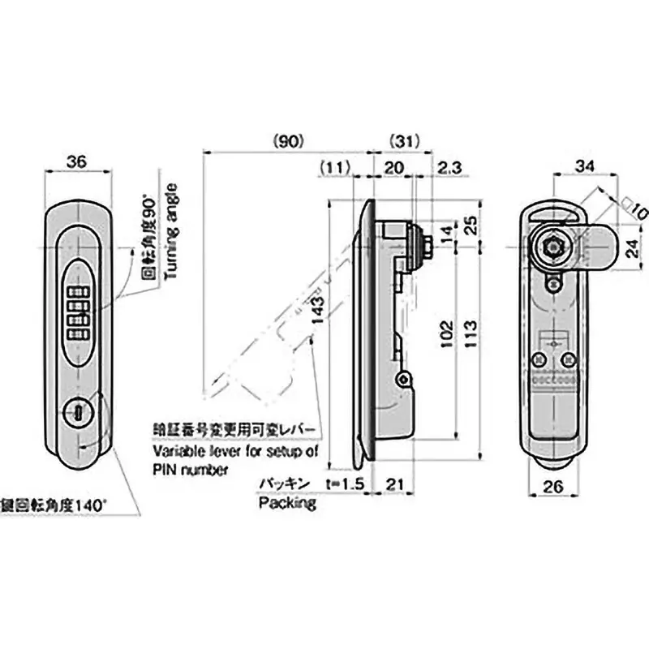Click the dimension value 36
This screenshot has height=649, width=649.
click(x=76, y=162)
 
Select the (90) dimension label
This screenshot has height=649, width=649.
click(x=288, y=140)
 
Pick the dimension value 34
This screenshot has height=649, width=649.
click(x=584, y=166)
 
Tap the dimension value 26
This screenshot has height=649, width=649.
click(x=553, y=488)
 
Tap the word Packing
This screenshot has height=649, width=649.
click(x=287, y=503)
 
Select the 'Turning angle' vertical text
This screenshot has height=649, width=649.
click(x=171, y=231)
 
